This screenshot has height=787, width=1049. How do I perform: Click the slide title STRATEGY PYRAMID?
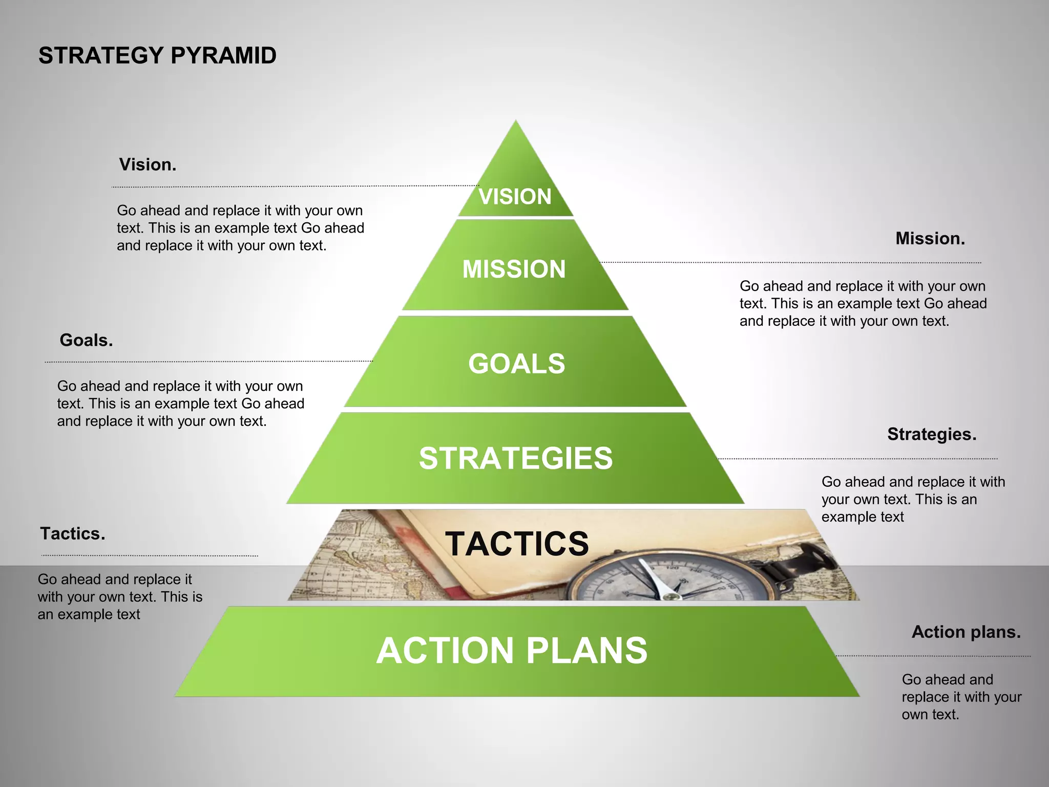[157, 55]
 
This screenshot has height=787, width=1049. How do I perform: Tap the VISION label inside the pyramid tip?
[515, 197]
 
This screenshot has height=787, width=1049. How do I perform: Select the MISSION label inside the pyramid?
[514, 269]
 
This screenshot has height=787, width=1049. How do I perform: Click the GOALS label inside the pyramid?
[516, 364]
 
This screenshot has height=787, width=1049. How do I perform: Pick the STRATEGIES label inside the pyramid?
[516, 458]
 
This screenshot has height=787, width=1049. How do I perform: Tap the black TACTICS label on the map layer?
[517, 543]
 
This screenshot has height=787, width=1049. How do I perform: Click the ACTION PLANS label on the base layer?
[512, 650]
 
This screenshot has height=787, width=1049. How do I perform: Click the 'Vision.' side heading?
[148, 164]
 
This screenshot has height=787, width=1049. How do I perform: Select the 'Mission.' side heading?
[930, 238]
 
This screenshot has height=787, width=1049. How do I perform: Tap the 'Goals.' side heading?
[86, 340]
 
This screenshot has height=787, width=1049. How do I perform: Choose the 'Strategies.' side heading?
[932, 434]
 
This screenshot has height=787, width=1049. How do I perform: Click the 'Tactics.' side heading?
[73, 534]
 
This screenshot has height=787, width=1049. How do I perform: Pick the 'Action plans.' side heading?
[966, 632]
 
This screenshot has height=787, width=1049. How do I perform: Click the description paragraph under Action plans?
[961, 697]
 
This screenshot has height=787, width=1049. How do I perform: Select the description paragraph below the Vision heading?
[240, 228]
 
